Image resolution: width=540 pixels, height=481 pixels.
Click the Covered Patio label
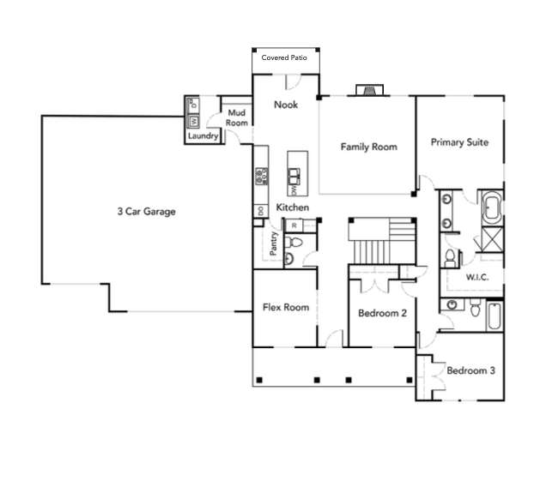click(284, 58)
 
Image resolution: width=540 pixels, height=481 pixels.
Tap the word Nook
click(285, 105)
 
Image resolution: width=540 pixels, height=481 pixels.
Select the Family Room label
click(368, 147)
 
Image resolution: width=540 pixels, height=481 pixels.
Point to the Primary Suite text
click(459, 142)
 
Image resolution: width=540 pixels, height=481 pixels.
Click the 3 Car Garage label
click(147, 211)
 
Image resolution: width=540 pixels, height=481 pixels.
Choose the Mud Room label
click(236, 117)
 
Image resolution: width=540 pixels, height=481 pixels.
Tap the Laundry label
click(203, 135)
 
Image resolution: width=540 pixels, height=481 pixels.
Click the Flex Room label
click(286, 308)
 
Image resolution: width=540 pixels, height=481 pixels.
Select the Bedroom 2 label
click(382, 313)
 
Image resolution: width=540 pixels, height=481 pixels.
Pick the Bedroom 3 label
click(470, 370)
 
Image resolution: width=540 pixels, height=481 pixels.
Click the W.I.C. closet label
click(477, 278)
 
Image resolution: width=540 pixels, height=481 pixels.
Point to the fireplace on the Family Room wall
click(368, 90)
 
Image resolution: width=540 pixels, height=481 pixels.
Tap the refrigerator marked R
click(294, 225)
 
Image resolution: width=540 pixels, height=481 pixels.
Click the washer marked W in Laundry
click(193, 122)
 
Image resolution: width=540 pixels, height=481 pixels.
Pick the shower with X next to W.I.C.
click(490, 238)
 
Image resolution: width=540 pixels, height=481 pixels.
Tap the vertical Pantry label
click(273, 244)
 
